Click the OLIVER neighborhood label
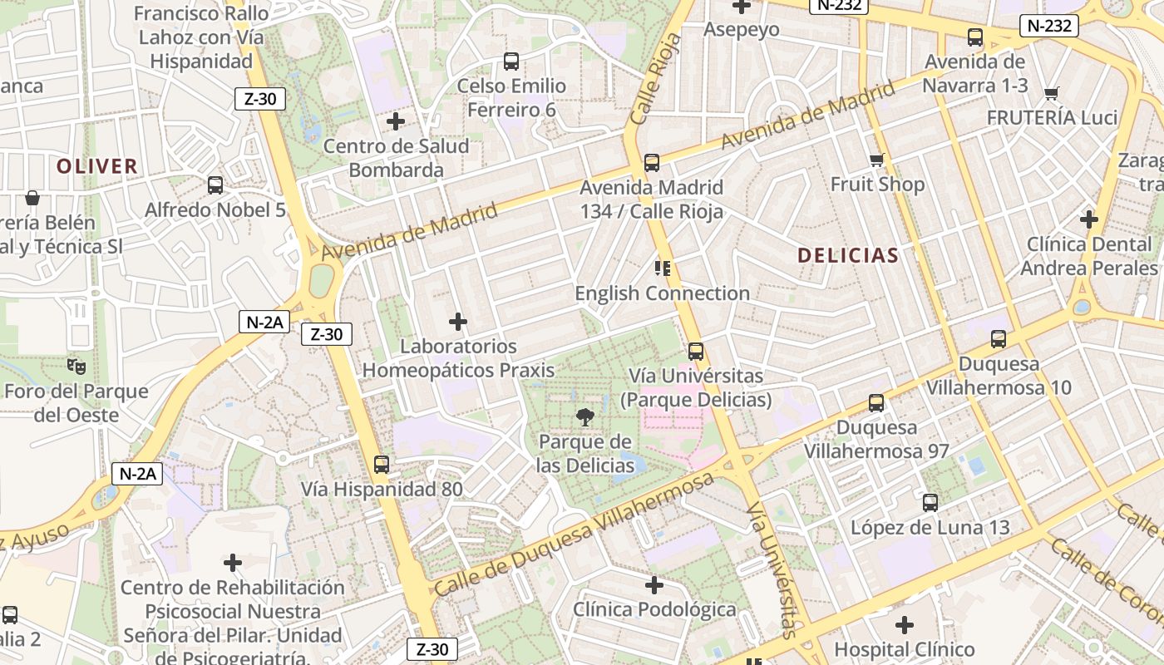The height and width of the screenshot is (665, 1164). [96, 166]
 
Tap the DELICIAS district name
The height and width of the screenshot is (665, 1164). [848, 255]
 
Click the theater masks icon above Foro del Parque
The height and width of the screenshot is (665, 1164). [76, 366]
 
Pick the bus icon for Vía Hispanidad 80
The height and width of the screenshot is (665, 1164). [382, 464]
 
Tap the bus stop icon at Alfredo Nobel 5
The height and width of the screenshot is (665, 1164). [215, 185]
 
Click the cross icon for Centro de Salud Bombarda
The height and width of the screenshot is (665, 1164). [396, 121]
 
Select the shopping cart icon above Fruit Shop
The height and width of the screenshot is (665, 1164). [876, 160]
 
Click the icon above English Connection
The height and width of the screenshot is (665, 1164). [662, 268]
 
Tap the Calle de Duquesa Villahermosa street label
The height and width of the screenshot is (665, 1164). [574, 534]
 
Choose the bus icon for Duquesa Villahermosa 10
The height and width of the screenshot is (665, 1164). [999, 339]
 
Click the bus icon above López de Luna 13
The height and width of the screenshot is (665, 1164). [930, 502]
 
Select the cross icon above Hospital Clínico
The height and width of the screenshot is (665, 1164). [905, 624]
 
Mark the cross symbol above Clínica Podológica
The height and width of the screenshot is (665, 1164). [654, 585]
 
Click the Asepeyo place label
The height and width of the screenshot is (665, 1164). [742, 30]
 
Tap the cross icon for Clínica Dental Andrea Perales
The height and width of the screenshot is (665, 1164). [1088, 219]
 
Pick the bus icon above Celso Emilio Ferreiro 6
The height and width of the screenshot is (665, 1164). [511, 62]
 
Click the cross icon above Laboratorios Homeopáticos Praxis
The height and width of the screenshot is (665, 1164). [457, 322]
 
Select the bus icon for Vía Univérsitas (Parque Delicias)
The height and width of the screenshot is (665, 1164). [696, 352]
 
